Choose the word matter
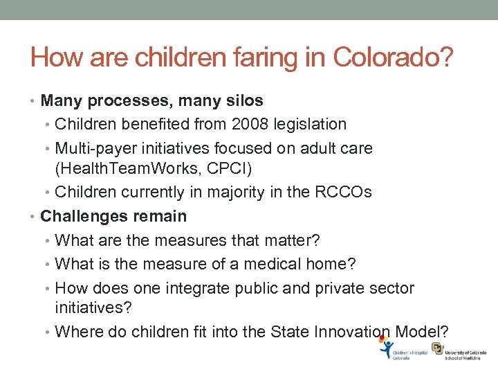290,240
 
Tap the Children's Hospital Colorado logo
404,350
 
